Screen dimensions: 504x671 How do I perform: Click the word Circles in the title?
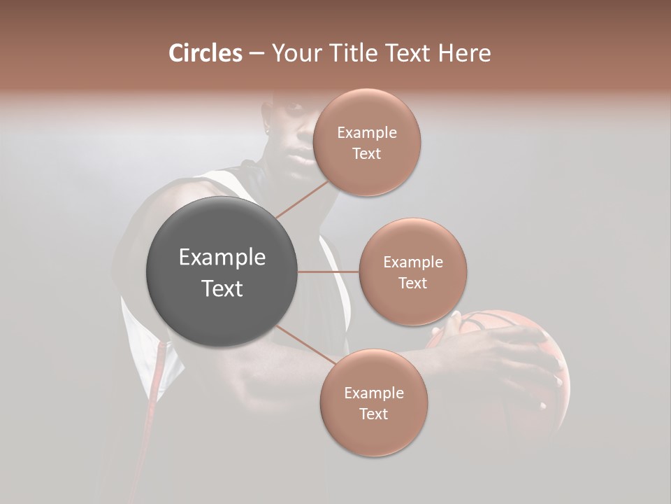[x=205, y=53]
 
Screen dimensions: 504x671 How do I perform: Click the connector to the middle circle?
[x=329, y=272]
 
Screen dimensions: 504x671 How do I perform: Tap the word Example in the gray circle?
[x=222, y=258]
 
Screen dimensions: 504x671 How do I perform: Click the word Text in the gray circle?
[x=222, y=288]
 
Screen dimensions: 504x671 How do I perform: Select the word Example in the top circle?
[x=366, y=133]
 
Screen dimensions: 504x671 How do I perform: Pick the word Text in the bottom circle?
[x=373, y=414]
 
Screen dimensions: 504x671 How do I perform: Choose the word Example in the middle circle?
[x=413, y=262]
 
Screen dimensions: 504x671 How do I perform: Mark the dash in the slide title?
[x=256, y=53]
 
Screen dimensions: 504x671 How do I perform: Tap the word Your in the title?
[x=294, y=53]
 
